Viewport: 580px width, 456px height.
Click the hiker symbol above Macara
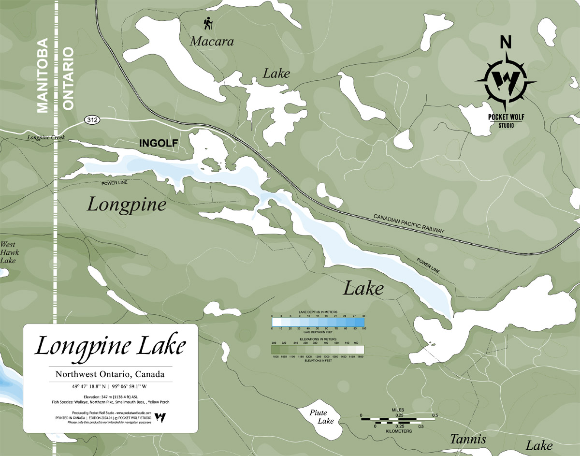pyautogui.click(x=208, y=24)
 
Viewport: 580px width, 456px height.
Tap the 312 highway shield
pyautogui.click(x=91, y=119)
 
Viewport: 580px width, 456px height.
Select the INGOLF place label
pyautogui.click(x=159, y=143)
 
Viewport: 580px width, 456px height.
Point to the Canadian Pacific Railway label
pyautogui.click(x=408, y=224)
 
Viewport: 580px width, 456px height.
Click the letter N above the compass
pyautogui.click(x=506, y=43)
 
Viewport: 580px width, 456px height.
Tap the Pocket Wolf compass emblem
pyautogui.click(x=505, y=80)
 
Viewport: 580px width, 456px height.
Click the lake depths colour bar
pyautogui.click(x=318, y=322)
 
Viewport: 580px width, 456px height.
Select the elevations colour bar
pyautogui.click(x=318, y=350)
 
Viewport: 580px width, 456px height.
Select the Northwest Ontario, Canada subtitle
pyautogui.click(x=110, y=374)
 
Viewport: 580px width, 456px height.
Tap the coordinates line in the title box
pyautogui.click(x=110, y=386)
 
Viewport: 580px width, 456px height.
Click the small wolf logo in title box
pyautogui.click(x=163, y=417)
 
